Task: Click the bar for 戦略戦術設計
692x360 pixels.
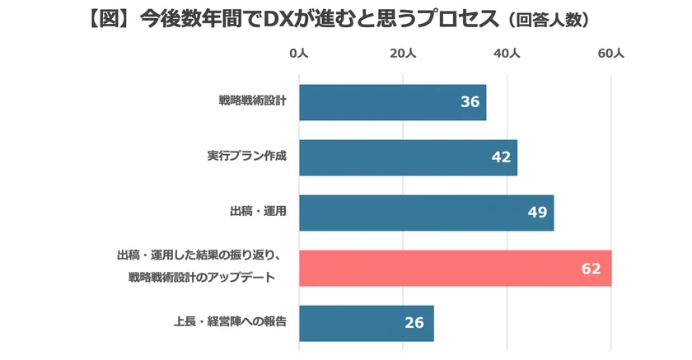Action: click(392, 102)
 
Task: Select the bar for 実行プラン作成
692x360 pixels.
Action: click(408, 157)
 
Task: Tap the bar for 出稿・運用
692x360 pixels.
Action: click(426, 213)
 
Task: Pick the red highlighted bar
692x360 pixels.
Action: click(455, 268)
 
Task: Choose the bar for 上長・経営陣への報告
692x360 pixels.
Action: click(366, 323)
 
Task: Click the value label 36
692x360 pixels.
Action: click(470, 102)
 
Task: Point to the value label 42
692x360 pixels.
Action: click(501, 157)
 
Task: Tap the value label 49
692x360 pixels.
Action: click(537, 213)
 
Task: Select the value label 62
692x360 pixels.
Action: click(591, 269)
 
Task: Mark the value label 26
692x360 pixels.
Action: click(414, 323)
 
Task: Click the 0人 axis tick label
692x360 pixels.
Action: click(298, 54)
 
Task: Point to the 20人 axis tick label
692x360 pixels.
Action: click(402, 54)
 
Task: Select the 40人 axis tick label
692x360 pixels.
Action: click(507, 54)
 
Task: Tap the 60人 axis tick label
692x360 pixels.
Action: click(610, 54)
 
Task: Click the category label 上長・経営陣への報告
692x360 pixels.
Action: click(241, 322)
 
